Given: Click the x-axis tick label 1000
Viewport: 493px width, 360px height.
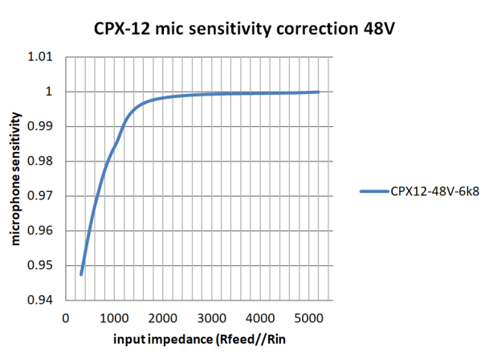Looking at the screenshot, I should (115, 317).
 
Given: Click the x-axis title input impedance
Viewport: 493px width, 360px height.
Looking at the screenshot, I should (161, 340).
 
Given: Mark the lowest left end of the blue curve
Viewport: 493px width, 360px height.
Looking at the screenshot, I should (81, 275).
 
